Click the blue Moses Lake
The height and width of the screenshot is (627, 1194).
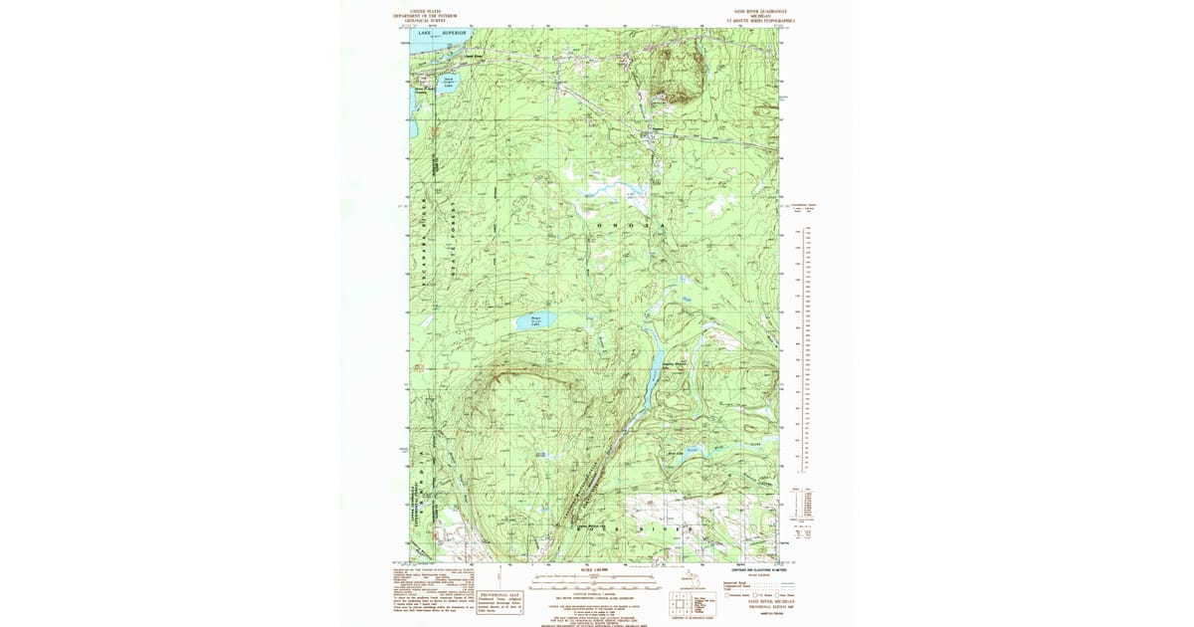[535, 321]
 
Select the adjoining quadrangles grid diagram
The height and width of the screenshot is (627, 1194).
[683, 604]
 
